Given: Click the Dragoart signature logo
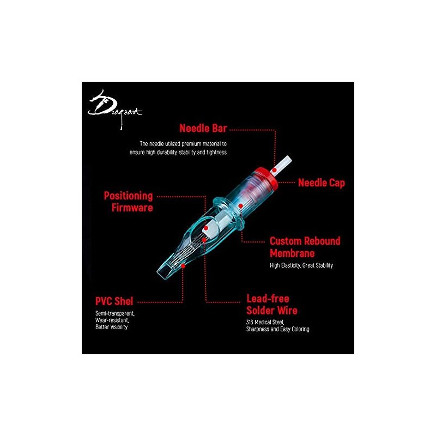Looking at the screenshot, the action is [114, 110].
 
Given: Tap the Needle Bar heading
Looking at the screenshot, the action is [203, 128].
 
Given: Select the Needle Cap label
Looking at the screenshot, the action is [322, 183].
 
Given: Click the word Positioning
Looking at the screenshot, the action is [129, 196].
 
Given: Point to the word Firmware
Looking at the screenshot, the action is [132, 208].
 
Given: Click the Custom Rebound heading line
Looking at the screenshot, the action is [305, 241].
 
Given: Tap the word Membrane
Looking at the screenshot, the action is [292, 253].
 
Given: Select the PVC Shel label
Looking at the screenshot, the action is [114, 301].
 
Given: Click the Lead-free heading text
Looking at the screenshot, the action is [268, 299].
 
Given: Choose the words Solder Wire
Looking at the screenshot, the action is [272, 310].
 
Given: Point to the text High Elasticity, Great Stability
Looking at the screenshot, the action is [301, 265].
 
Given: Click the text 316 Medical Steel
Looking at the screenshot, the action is [265, 322].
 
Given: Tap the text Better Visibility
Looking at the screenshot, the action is [111, 327].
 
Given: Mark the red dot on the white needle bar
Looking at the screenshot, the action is [275, 170].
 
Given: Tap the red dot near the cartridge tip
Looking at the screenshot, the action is [183, 266].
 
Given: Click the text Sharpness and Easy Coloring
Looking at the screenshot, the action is [278, 329].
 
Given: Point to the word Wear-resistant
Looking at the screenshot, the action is [112, 320].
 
